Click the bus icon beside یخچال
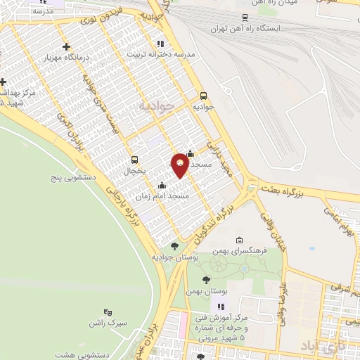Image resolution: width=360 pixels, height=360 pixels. point(134,159)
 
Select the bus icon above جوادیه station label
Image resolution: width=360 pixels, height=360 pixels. point(204,96)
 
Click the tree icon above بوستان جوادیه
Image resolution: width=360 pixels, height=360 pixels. point(174,245)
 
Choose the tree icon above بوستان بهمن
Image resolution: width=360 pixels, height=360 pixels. point(206,280)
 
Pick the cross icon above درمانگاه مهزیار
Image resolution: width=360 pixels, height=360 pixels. point(67,47)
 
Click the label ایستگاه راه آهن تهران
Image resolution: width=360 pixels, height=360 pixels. point(245,29)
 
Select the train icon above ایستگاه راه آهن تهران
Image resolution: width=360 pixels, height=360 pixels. point(245,17)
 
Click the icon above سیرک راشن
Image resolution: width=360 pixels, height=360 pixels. point(108,311)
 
